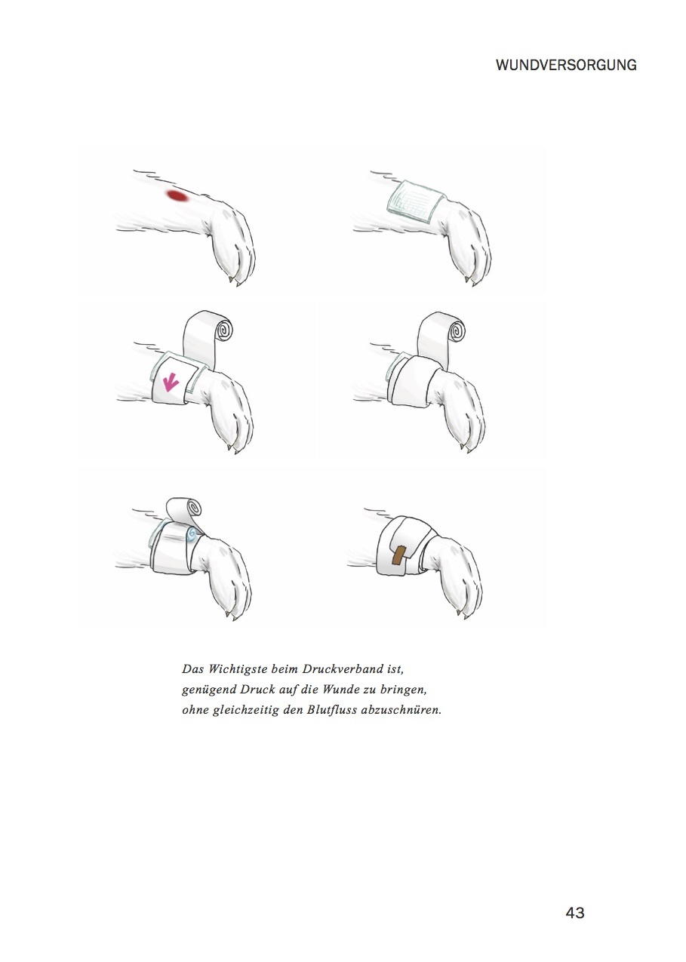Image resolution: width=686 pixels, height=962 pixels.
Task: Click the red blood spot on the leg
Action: (x=177, y=195)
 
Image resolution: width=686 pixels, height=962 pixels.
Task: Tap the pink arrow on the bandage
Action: (x=170, y=382)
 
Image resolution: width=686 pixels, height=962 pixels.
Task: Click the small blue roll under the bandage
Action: (x=192, y=534)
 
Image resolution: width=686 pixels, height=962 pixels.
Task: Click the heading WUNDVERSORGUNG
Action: (x=566, y=66)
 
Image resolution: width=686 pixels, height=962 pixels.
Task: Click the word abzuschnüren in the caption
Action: (x=401, y=709)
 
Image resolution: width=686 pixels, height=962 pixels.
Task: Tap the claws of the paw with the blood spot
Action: (x=233, y=281)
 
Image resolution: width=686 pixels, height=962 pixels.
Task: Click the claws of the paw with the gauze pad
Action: (x=470, y=280)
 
